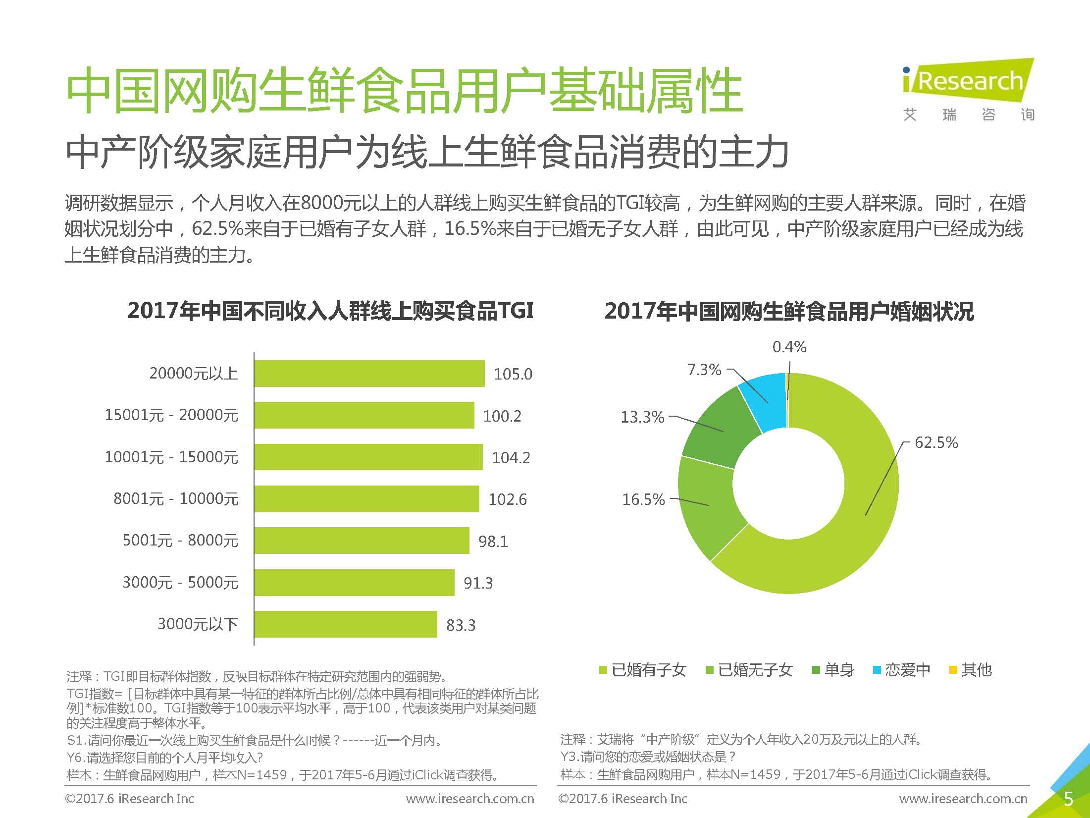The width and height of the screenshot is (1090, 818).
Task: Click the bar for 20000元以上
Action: (x=369, y=374)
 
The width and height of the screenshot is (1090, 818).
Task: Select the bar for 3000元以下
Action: (x=346, y=624)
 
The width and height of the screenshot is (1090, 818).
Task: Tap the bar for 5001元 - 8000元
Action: (x=362, y=541)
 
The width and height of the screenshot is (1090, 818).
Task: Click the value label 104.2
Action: (x=511, y=457)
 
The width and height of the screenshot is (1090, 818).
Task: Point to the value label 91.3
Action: (x=478, y=583)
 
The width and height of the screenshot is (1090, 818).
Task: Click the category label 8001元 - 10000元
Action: (x=176, y=498)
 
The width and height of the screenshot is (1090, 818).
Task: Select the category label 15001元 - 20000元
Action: (x=171, y=415)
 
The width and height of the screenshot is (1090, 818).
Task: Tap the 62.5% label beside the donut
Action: (x=936, y=442)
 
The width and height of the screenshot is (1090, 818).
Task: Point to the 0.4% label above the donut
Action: (x=789, y=347)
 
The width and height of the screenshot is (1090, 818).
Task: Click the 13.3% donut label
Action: (x=642, y=417)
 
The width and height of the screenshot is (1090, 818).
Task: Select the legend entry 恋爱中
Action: (x=901, y=670)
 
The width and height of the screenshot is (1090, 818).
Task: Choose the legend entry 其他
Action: (x=971, y=670)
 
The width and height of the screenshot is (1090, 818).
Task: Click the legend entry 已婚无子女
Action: (x=749, y=670)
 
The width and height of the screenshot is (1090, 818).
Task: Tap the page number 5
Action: (x=1068, y=799)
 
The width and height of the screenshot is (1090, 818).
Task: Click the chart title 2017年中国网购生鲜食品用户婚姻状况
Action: (x=789, y=312)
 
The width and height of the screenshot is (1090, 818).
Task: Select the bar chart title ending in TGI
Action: (x=330, y=311)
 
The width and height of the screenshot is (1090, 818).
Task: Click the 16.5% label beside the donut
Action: (x=643, y=499)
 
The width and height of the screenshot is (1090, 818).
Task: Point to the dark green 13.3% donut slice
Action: (x=718, y=431)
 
